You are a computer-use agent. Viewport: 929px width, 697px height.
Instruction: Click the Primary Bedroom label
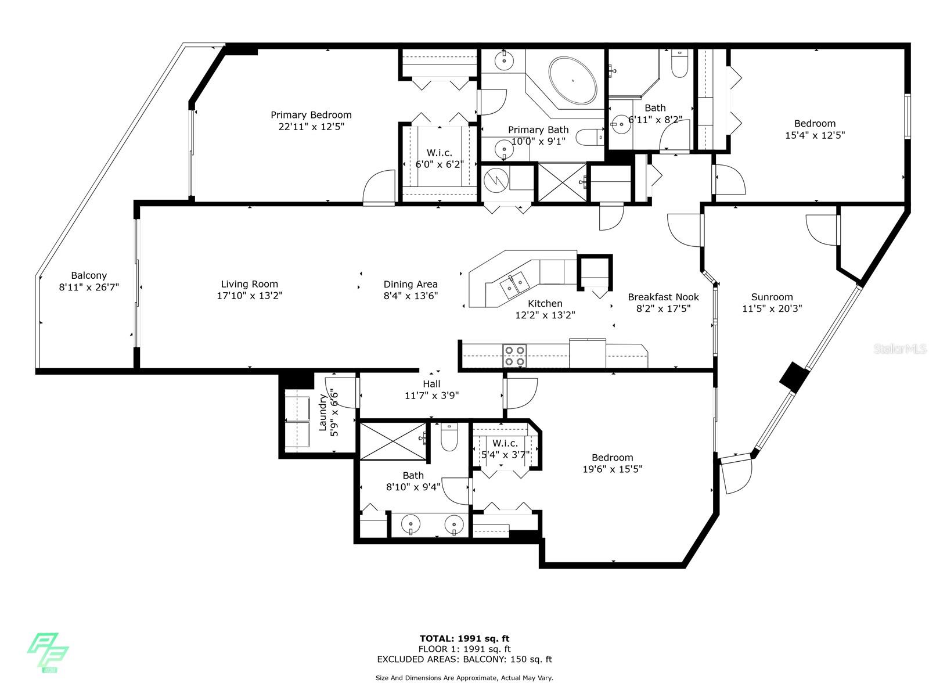point(311,115)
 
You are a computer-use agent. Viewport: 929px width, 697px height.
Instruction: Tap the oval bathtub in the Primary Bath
point(572,80)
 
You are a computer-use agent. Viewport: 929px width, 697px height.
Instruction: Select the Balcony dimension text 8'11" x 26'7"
point(89,288)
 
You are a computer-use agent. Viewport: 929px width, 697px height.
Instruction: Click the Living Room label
point(249,285)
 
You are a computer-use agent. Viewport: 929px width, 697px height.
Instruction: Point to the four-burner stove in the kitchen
point(514,356)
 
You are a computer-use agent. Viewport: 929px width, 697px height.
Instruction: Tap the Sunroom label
point(772,297)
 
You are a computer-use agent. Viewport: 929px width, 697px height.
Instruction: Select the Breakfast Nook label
point(663,297)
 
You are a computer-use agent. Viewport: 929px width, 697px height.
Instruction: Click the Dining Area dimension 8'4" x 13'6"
point(411,296)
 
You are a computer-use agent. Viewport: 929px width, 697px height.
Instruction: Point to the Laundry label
point(322,412)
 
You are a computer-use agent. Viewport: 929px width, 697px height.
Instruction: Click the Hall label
point(432,384)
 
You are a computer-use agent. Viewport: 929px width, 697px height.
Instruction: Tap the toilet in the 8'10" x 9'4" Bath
point(449,437)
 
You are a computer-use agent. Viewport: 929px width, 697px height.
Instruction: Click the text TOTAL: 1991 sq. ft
point(464,638)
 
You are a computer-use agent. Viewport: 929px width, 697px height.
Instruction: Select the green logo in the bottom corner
point(48,652)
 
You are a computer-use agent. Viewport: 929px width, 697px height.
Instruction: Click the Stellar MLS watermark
point(899,348)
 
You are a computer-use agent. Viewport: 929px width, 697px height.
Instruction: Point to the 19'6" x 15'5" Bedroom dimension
point(613,469)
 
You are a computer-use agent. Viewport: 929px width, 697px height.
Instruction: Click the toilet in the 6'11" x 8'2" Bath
point(680,64)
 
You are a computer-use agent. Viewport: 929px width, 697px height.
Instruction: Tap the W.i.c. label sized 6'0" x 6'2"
point(440,153)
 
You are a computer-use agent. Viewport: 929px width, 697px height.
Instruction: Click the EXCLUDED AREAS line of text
point(464,659)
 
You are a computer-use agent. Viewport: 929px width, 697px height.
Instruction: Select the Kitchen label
point(545,303)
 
